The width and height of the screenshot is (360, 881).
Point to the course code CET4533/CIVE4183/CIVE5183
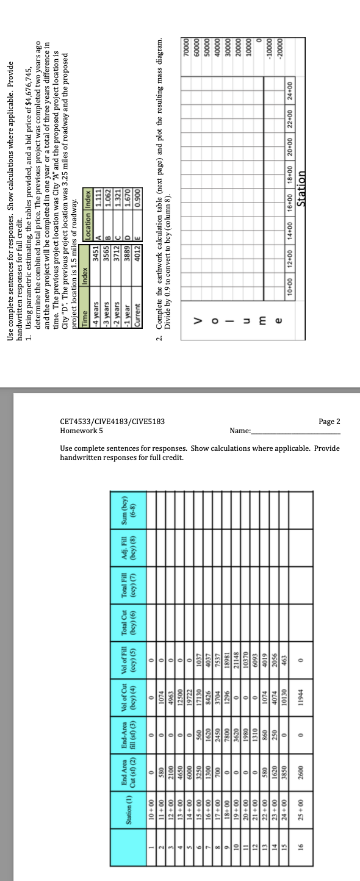(x=113, y=422)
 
